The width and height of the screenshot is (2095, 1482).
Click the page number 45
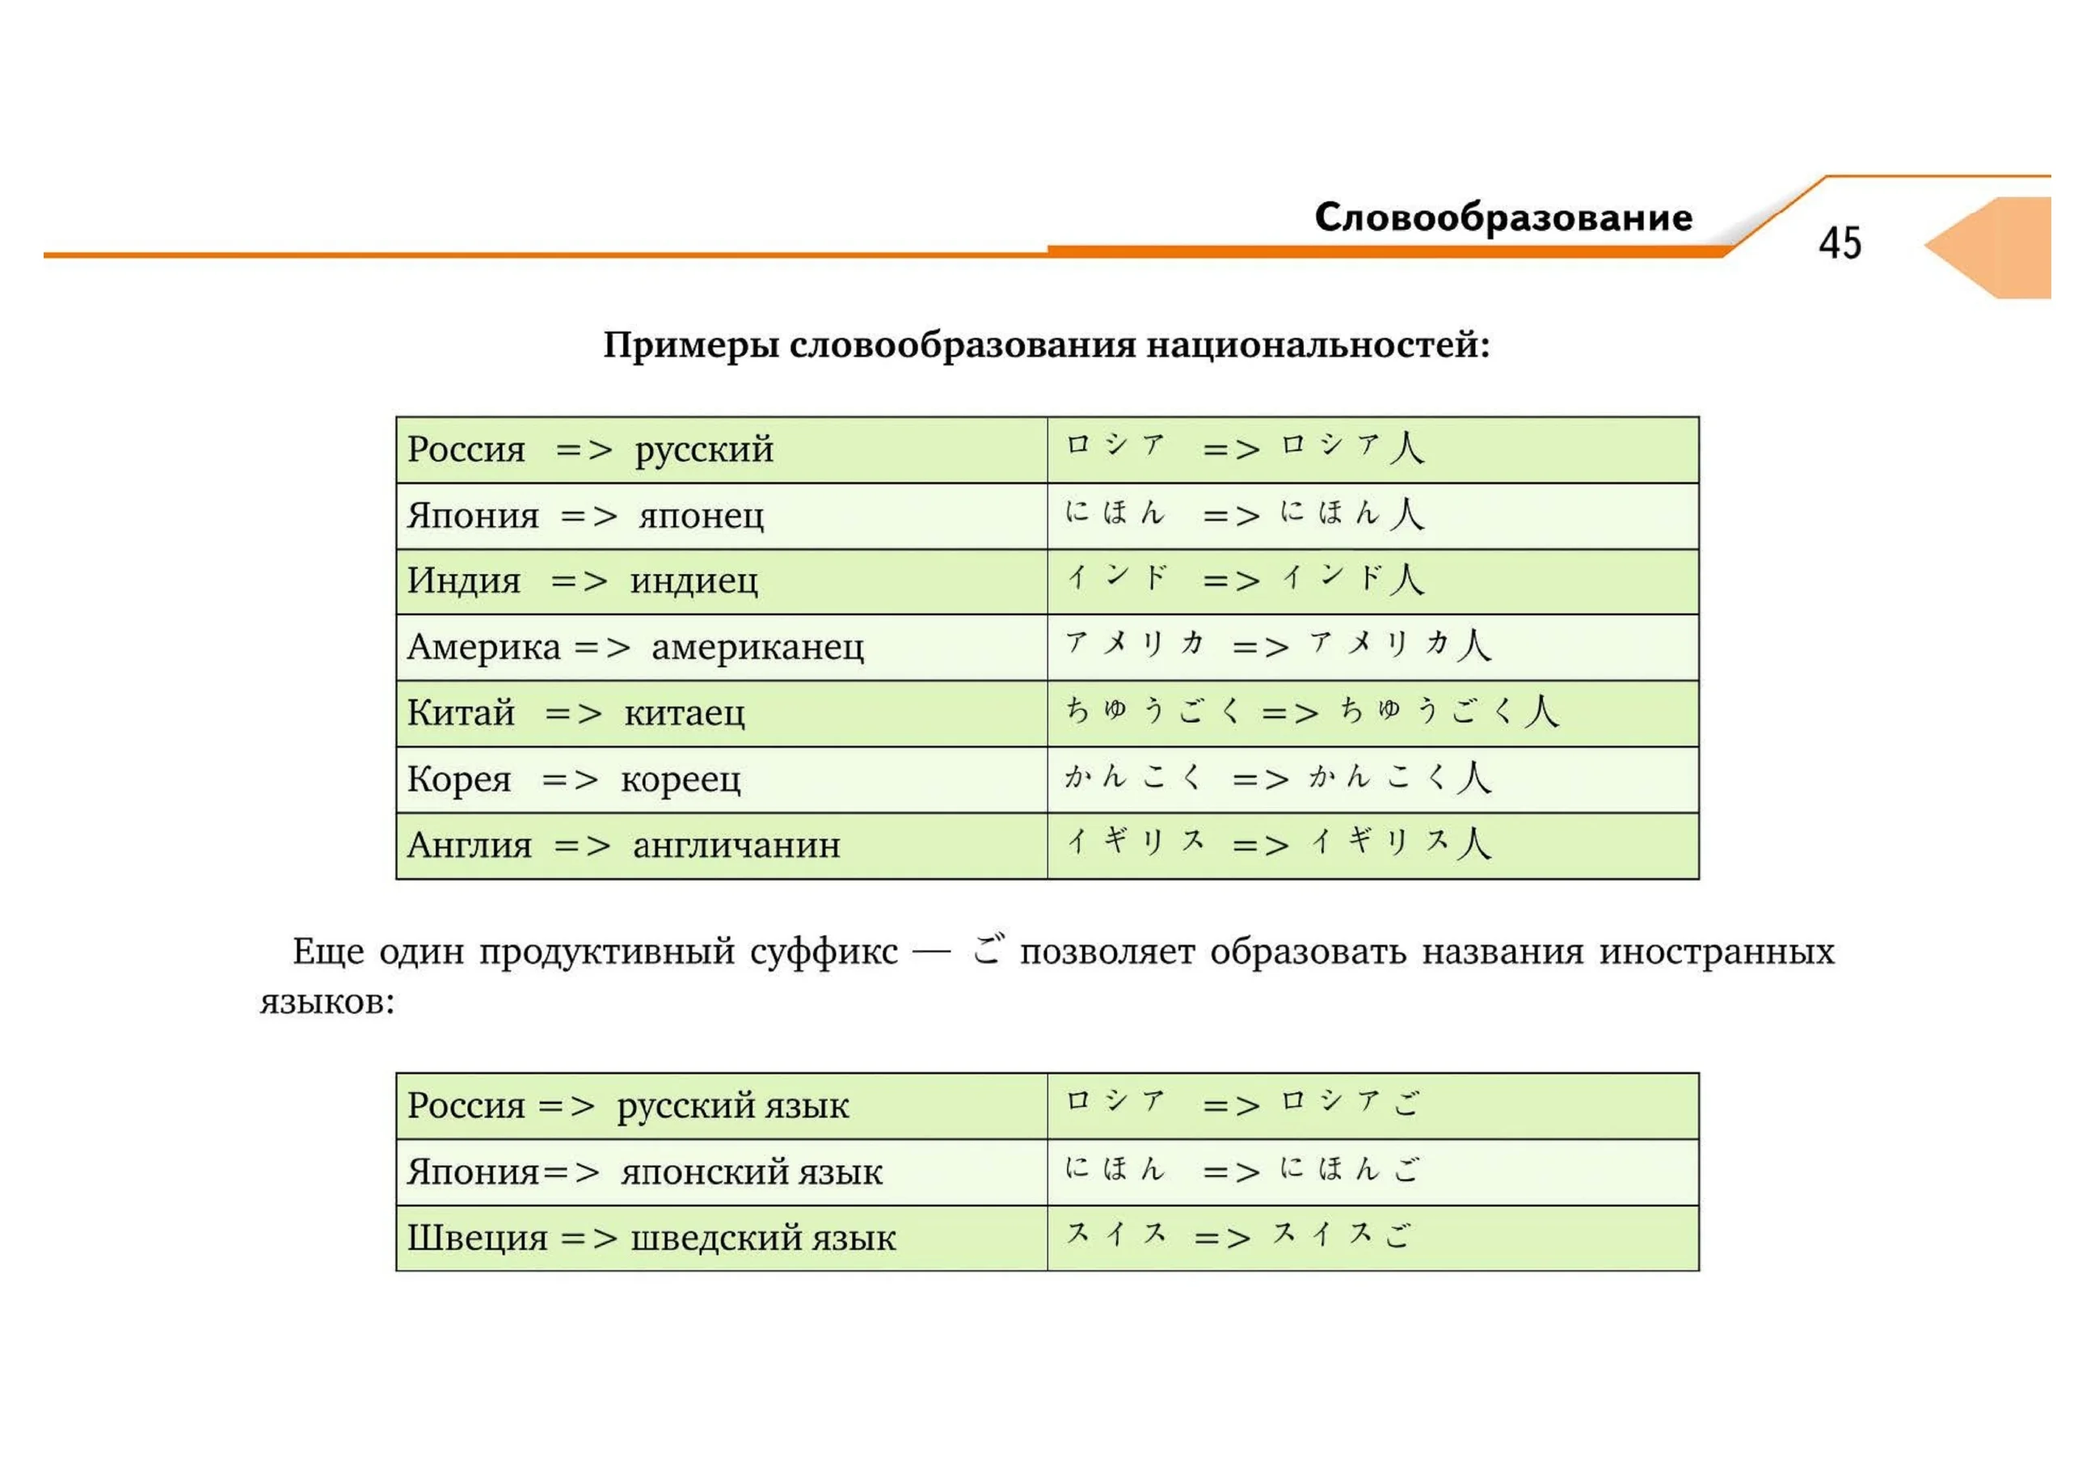pos(1840,243)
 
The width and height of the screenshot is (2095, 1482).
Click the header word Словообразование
pos(1503,218)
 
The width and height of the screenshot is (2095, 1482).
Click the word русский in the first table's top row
pos(703,450)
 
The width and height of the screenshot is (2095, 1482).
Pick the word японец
pos(701,517)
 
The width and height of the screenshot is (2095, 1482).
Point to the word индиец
pos(693,581)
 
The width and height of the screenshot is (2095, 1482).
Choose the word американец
pos(757,648)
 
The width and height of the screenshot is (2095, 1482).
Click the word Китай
pos(461,713)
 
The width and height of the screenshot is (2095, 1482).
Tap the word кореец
pos(680,779)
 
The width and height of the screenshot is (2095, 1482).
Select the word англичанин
pos(736,846)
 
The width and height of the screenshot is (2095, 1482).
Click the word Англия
pos(469,846)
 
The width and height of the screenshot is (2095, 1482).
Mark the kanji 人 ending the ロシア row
pos(1406,448)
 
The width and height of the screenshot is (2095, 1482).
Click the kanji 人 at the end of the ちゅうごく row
pos(1541,711)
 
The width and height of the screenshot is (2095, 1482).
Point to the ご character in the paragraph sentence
pos(986,949)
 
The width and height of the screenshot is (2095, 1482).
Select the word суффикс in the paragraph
pos(824,952)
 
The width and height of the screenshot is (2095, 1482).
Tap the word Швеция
pos(476,1239)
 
